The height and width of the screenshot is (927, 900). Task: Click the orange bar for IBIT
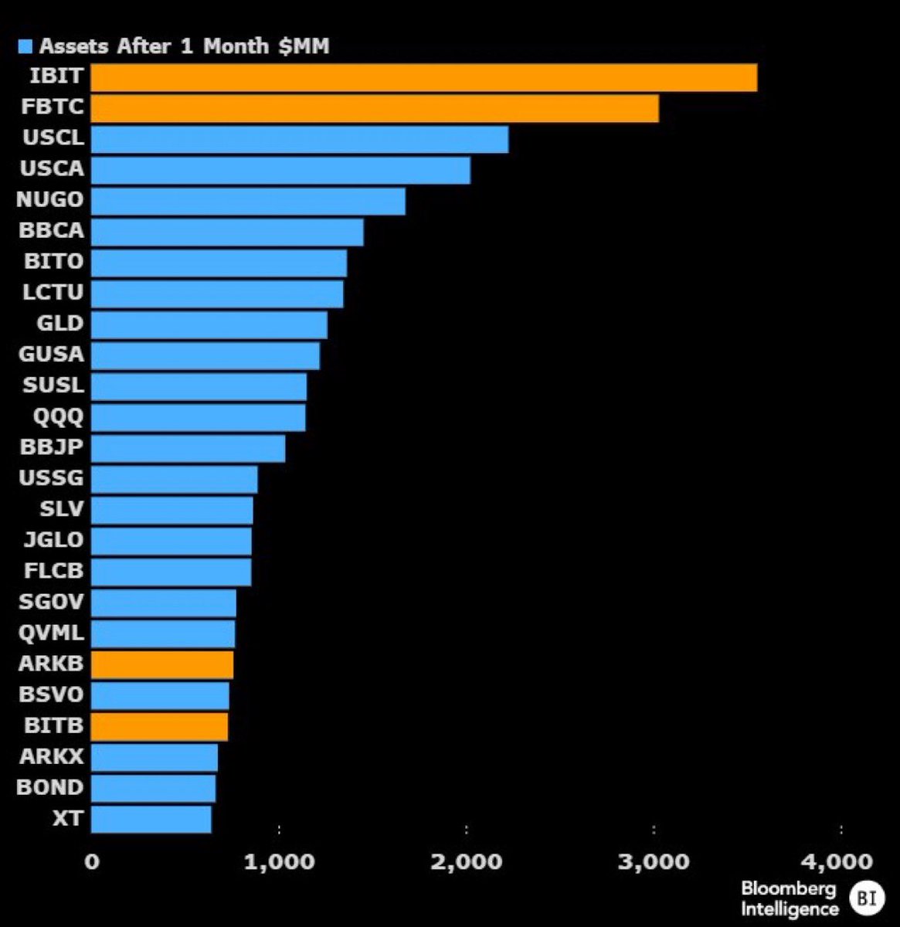point(423,78)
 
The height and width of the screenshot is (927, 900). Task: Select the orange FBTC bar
point(375,109)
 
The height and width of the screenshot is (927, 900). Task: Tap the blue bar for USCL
point(300,140)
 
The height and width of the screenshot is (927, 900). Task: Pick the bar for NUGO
point(248,201)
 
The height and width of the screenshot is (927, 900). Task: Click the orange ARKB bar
point(162,664)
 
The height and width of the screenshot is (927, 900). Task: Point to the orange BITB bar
point(159,727)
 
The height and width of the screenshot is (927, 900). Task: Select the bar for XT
point(151,820)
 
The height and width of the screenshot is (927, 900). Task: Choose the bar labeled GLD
point(209,325)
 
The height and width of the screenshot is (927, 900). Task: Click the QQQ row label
point(58,417)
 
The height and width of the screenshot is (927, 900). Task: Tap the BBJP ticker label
point(53,447)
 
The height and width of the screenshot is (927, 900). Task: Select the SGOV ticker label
point(52,602)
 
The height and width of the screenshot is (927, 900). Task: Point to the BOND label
point(49,788)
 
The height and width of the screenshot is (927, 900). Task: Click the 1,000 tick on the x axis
point(279,861)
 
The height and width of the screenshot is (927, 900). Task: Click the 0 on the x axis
point(92,861)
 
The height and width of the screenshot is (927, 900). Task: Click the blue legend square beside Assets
point(25,46)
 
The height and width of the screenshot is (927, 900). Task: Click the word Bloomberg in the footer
point(788,888)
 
